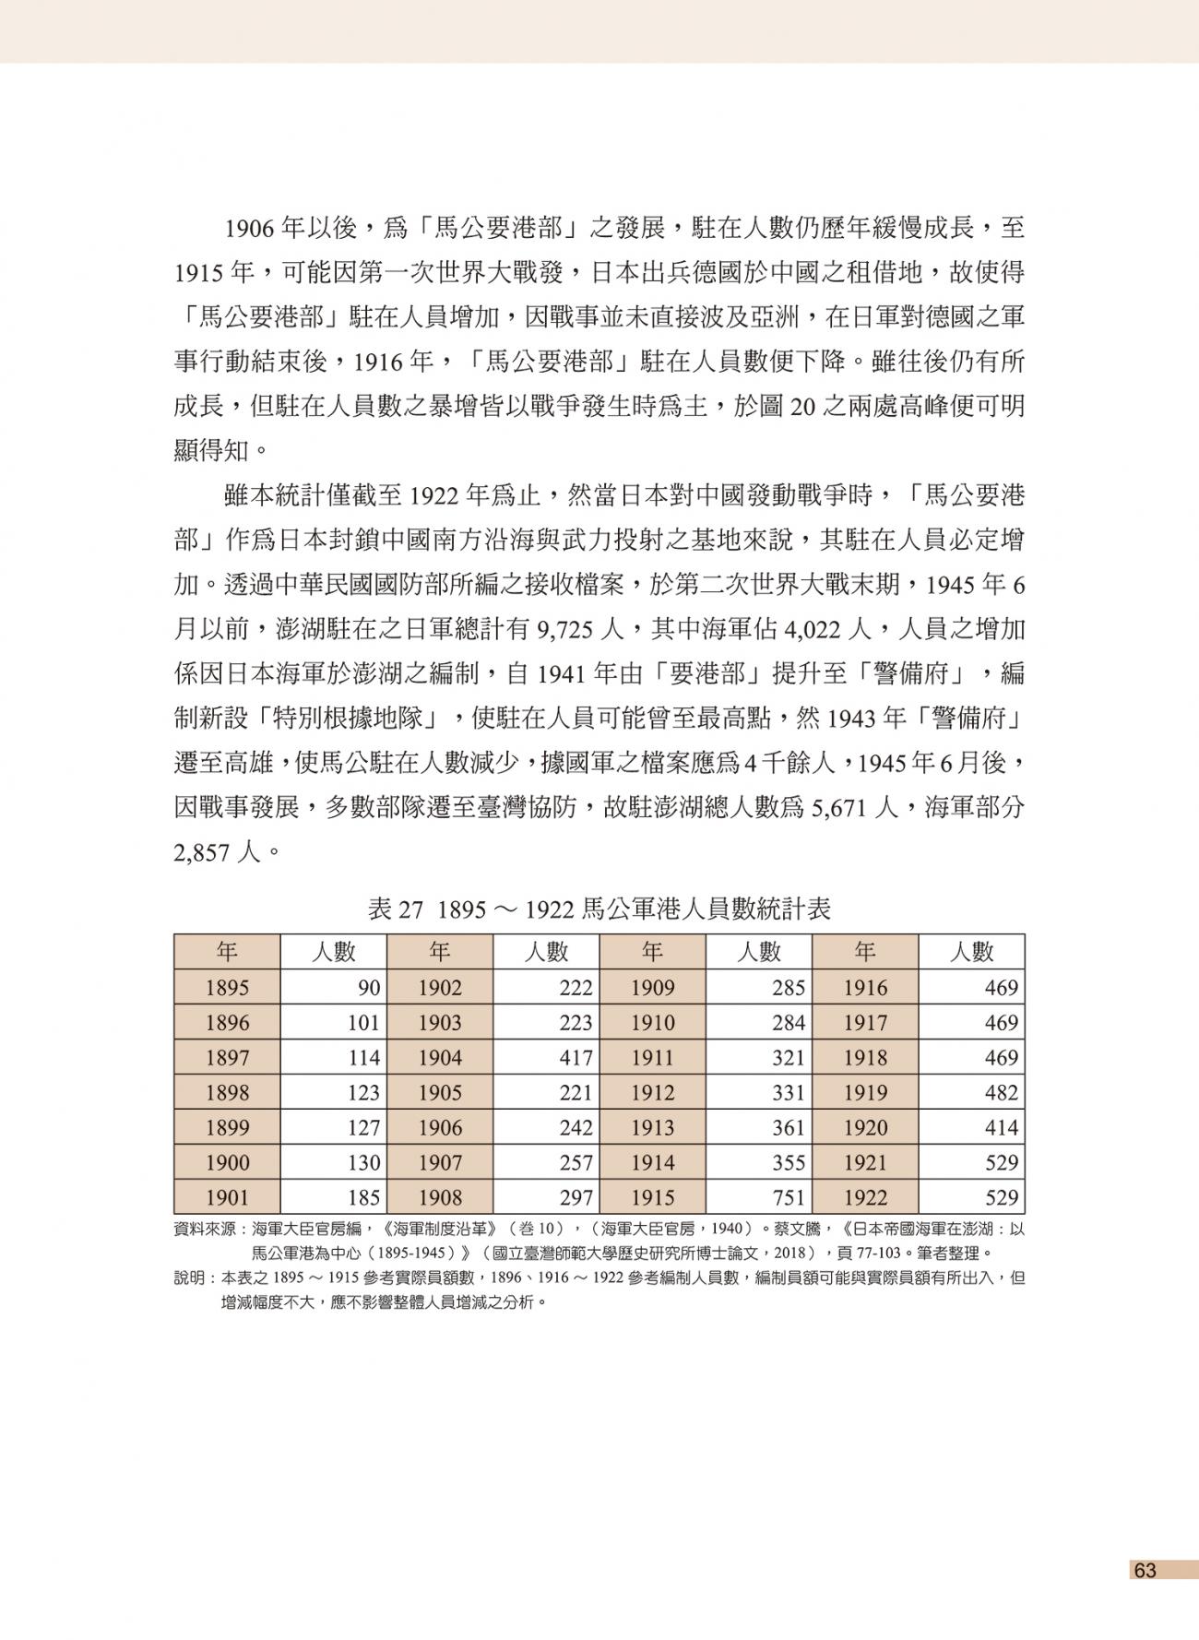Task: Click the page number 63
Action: coord(1145,1570)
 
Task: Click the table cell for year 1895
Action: coord(227,988)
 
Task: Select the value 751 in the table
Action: coord(789,1197)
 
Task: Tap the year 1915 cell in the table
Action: coord(652,1197)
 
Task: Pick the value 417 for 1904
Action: coord(576,1058)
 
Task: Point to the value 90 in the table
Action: coord(369,988)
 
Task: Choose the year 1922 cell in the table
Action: coord(865,1197)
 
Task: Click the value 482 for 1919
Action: coord(1001,1093)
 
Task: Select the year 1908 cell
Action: coord(440,1197)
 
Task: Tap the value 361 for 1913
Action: coord(789,1128)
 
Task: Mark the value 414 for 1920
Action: coord(1001,1128)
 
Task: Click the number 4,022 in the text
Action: coord(813,630)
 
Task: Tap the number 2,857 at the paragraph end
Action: coord(201,853)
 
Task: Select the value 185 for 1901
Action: coord(363,1197)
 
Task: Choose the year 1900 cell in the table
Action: coord(227,1163)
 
